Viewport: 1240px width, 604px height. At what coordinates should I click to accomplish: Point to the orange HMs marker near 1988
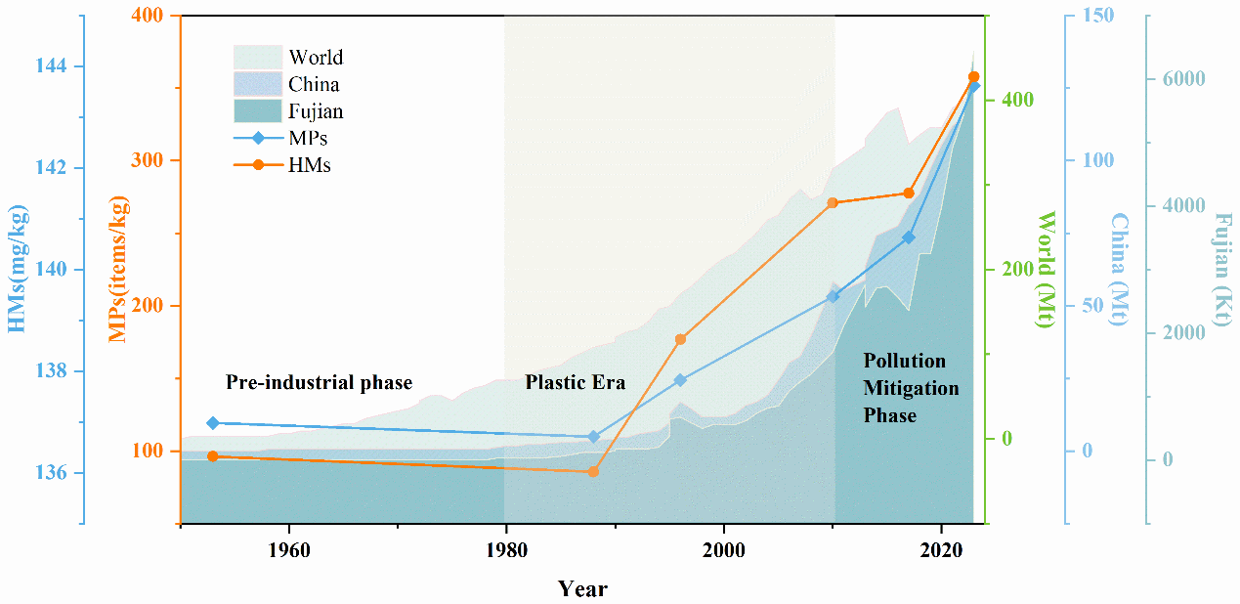[592, 472]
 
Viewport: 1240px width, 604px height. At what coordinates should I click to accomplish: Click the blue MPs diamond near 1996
[680, 380]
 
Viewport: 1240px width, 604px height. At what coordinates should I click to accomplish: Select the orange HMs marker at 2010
[833, 203]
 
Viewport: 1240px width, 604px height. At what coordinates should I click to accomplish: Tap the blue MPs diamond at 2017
[909, 237]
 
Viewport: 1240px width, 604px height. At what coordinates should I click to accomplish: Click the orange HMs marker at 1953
[212, 456]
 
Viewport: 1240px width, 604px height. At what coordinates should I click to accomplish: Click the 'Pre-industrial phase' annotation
[320, 382]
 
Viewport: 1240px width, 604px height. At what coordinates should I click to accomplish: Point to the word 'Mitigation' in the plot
[911, 388]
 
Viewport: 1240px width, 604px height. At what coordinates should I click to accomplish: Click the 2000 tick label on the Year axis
[723, 548]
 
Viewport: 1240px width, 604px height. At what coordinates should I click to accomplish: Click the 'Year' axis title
[582, 588]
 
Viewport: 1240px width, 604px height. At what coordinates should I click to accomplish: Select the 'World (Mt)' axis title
[1046, 269]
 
